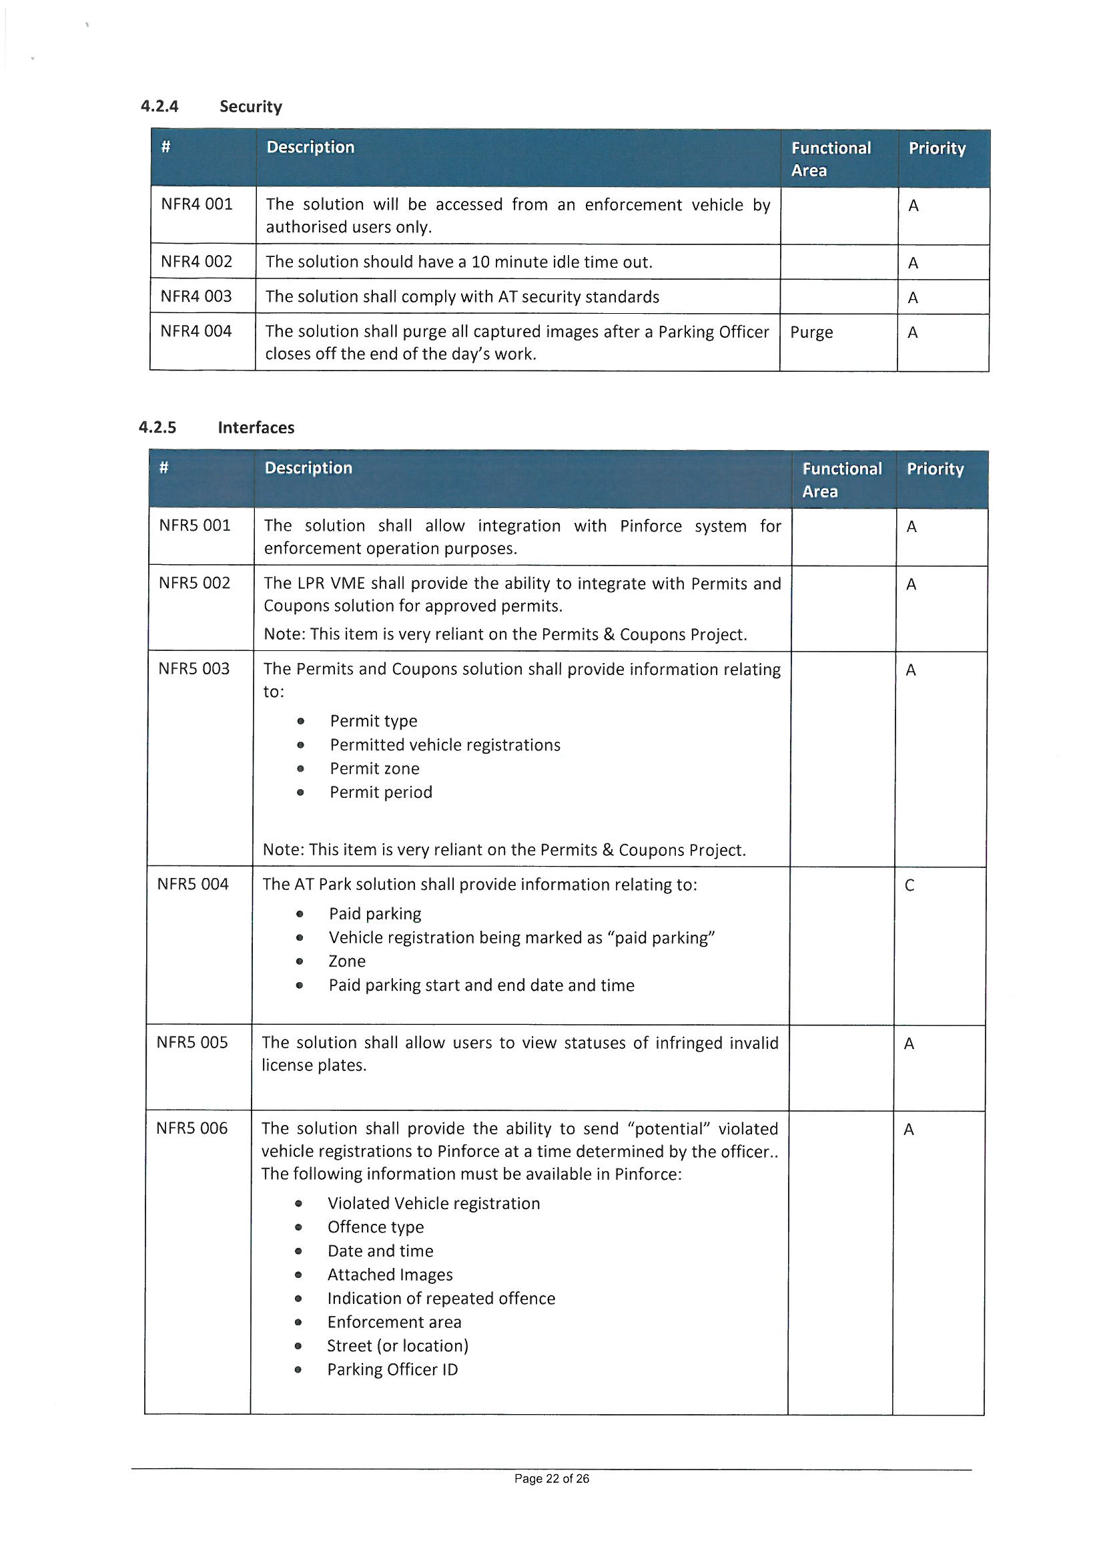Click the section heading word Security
pos(250,107)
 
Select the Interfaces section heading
pos(256,428)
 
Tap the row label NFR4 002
pos(196,262)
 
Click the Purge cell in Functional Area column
pos(811,332)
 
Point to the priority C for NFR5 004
pos(909,885)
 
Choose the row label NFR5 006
pos(192,1128)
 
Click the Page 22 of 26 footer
pos(551,1478)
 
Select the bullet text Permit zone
pos(374,768)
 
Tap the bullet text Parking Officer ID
pos(392,1369)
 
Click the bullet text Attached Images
pos(390,1275)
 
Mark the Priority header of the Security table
pos(936,148)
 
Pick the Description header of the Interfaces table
pos(308,468)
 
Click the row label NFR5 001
pos(194,525)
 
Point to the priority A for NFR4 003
pos(913,298)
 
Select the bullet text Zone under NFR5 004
pos(346,961)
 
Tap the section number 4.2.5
pos(157,428)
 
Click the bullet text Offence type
pos(375,1227)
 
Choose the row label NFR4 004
pos(196,331)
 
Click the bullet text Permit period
pos(380,792)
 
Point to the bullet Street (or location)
pos(398,1345)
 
